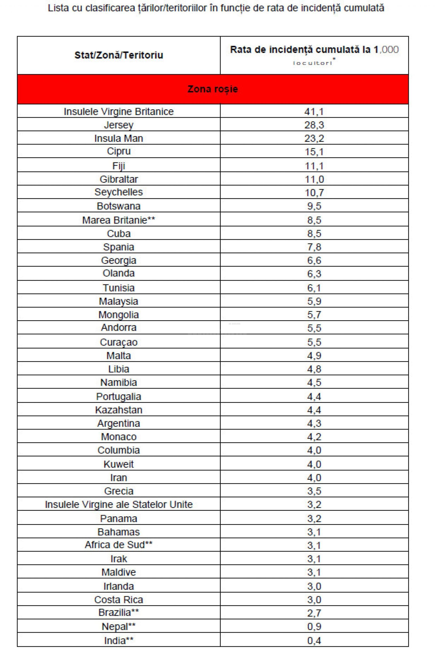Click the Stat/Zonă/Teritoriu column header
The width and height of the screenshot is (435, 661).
(118, 55)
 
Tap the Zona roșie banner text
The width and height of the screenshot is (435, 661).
(213, 89)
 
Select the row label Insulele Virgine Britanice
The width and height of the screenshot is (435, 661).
(118, 112)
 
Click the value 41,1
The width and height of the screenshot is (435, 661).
(314, 112)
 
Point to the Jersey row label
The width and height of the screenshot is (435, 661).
(118, 125)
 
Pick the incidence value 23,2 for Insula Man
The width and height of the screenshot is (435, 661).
(314, 138)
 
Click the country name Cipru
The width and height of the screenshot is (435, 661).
(118, 151)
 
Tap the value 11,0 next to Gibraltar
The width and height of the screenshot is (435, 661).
(314, 179)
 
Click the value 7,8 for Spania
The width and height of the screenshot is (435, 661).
(314, 247)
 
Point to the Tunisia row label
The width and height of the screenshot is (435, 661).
(118, 288)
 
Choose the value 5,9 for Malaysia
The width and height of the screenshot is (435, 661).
(314, 301)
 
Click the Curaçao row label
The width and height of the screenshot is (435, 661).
(118, 342)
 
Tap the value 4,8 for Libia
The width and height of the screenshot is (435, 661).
(314, 369)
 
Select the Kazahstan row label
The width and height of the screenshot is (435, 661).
(118, 410)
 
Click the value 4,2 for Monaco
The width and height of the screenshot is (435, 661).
(314, 437)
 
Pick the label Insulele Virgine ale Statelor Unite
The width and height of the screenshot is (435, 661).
(118, 504)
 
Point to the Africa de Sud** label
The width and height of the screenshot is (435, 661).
(118, 545)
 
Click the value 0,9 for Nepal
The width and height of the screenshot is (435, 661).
(314, 626)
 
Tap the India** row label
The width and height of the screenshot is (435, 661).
(118, 640)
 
